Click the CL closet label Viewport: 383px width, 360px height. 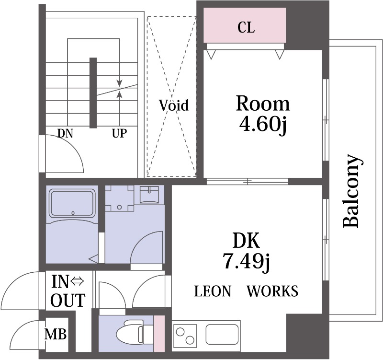point(246,27)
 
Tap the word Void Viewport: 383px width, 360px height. point(174,105)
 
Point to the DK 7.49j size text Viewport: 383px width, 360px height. point(246,251)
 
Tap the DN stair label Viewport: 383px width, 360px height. point(65,134)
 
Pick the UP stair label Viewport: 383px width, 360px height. point(119,134)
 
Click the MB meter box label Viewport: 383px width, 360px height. point(56,334)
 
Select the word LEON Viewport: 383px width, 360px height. point(213,291)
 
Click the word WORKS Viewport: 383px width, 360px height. point(272,291)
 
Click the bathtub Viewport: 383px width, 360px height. point(72,203)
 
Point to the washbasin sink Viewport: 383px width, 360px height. point(149,195)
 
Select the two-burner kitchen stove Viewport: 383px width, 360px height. point(185,336)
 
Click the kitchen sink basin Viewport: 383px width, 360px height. point(222,334)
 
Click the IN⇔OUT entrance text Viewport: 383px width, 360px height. point(68,291)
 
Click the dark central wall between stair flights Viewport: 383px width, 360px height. point(93,93)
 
